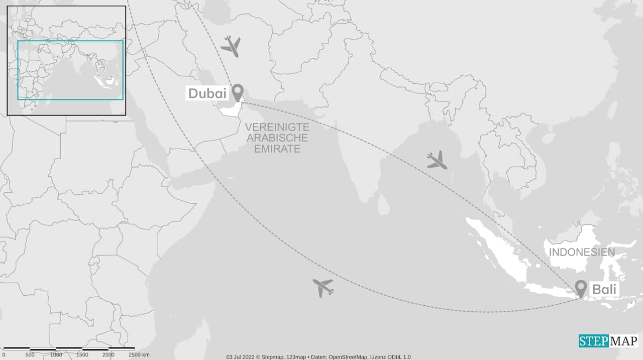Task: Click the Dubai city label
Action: (x=207, y=93)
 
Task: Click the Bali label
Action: (x=604, y=290)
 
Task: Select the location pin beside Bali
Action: (x=581, y=288)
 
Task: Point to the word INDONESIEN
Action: (x=582, y=252)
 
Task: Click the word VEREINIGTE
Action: (x=277, y=127)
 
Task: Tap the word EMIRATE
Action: (x=277, y=149)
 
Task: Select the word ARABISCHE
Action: (x=277, y=138)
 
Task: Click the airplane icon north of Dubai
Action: (x=231, y=46)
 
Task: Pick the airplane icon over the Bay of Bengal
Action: (x=437, y=160)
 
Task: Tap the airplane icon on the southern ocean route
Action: (x=323, y=288)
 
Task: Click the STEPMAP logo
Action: (x=608, y=340)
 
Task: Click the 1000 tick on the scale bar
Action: (x=56, y=355)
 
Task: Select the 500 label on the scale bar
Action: (x=30, y=355)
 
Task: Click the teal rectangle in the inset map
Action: (x=70, y=41)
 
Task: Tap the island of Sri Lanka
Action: (x=383, y=203)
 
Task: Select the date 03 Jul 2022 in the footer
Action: (x=241, y=357)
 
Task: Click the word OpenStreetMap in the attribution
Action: (x=350, y=357)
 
